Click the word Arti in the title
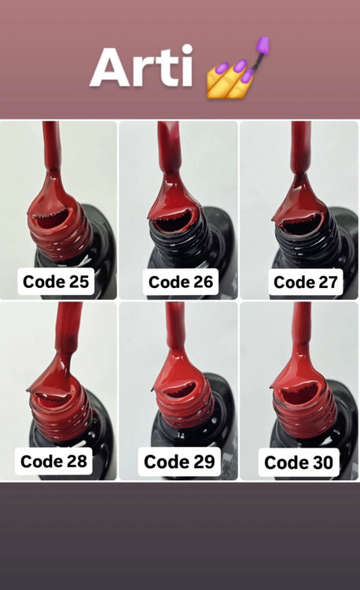coord(141,66)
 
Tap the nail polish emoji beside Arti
coord(238,68)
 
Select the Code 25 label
coord(56,282)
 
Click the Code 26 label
coord(180,282)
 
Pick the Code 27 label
coord(306,282)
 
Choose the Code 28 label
coord(53,461)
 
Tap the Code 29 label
coord(179,462)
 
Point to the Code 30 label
coord(299,463)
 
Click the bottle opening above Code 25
coord(51,218)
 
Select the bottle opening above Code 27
coord(300,223)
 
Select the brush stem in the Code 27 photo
coord(301,148)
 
